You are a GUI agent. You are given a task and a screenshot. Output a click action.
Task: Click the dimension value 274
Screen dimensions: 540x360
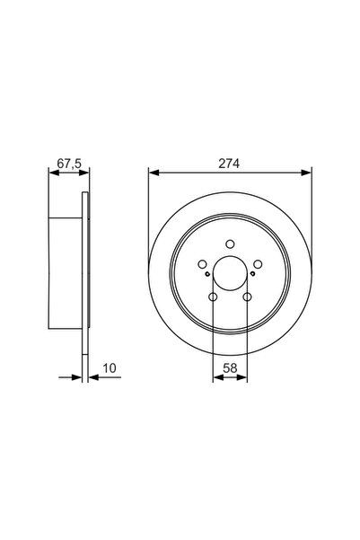tap(231, 164)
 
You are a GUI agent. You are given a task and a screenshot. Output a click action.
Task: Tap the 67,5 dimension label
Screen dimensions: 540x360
tap(67, 164)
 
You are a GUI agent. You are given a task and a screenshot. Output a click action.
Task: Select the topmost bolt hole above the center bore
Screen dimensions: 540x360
tap(231, 243)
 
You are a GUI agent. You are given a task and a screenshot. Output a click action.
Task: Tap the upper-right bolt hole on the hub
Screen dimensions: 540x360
tap(257, 263)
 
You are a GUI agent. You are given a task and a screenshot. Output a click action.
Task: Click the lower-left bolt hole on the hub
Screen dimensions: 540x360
tap(214, 297)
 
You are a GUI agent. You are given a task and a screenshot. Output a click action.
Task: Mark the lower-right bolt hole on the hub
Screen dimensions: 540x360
tap(248, 297)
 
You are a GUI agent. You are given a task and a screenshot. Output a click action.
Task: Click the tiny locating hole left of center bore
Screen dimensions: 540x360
tap(208, 276)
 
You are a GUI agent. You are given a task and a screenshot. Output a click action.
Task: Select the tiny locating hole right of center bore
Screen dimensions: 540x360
tap(253, 276)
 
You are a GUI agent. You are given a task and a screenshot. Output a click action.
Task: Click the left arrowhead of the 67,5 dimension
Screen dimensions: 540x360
tap(51, 173)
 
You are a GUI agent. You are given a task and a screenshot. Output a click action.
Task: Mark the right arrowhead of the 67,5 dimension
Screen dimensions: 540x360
tap(86, 173)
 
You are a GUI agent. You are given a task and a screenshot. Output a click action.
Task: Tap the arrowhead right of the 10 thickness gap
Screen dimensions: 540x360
tap(93, 378)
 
